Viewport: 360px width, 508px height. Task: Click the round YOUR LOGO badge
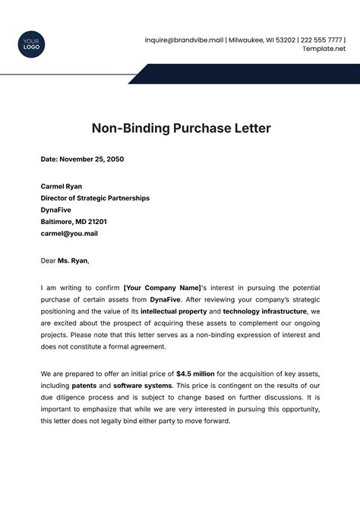pos(30,43)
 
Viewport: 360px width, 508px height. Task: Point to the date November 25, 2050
pos(82,159)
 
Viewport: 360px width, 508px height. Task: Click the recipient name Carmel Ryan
pos(62,186)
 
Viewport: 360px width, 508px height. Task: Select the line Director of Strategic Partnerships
pos(95,197)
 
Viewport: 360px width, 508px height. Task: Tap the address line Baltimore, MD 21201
pos(74,222)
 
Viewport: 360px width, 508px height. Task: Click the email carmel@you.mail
pos(69,233)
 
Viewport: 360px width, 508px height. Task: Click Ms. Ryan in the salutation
pos(75,260)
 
